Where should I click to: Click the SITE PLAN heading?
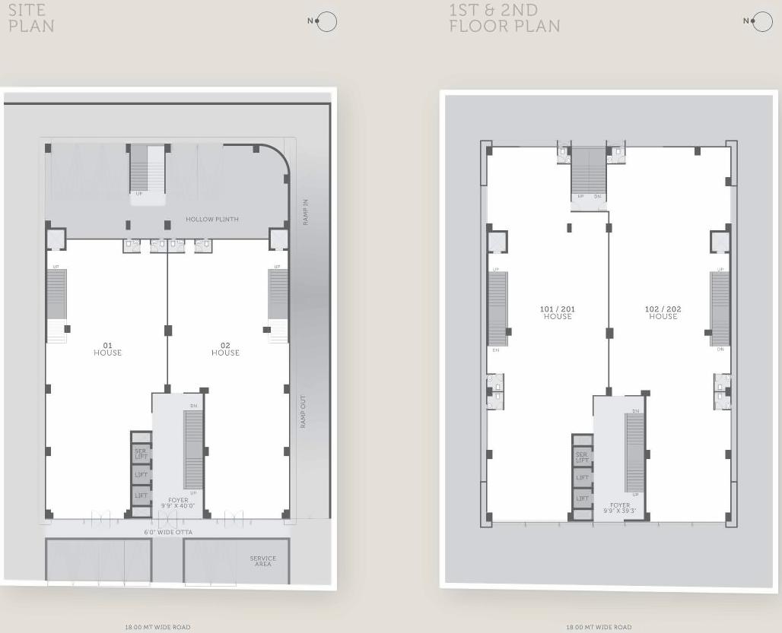click(31, 17)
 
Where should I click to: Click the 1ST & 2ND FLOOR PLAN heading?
click(504, 17)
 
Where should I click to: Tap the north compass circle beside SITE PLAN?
click(326, 21)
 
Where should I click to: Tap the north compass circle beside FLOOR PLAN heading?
click(762, 22)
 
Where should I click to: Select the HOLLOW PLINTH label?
click(212, 220)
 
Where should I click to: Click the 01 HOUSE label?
click(107, 349)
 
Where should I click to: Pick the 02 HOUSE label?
click(225, 349)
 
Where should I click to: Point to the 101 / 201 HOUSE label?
click(558, 312)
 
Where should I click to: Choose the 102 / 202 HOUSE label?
click(663, 312)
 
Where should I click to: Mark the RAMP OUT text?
click(303, 411)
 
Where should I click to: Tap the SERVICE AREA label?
click(263, 561)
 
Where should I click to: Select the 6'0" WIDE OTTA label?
click(169, 533)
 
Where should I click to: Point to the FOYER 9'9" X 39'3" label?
click(620, 508)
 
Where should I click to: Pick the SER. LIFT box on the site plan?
click(141, 454)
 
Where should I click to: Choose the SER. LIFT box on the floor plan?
click(582, 457)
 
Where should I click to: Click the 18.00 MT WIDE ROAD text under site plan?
click(157, 627)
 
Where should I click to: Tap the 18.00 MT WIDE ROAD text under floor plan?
click(599, 627)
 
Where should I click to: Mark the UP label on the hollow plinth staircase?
click(138, 194)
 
